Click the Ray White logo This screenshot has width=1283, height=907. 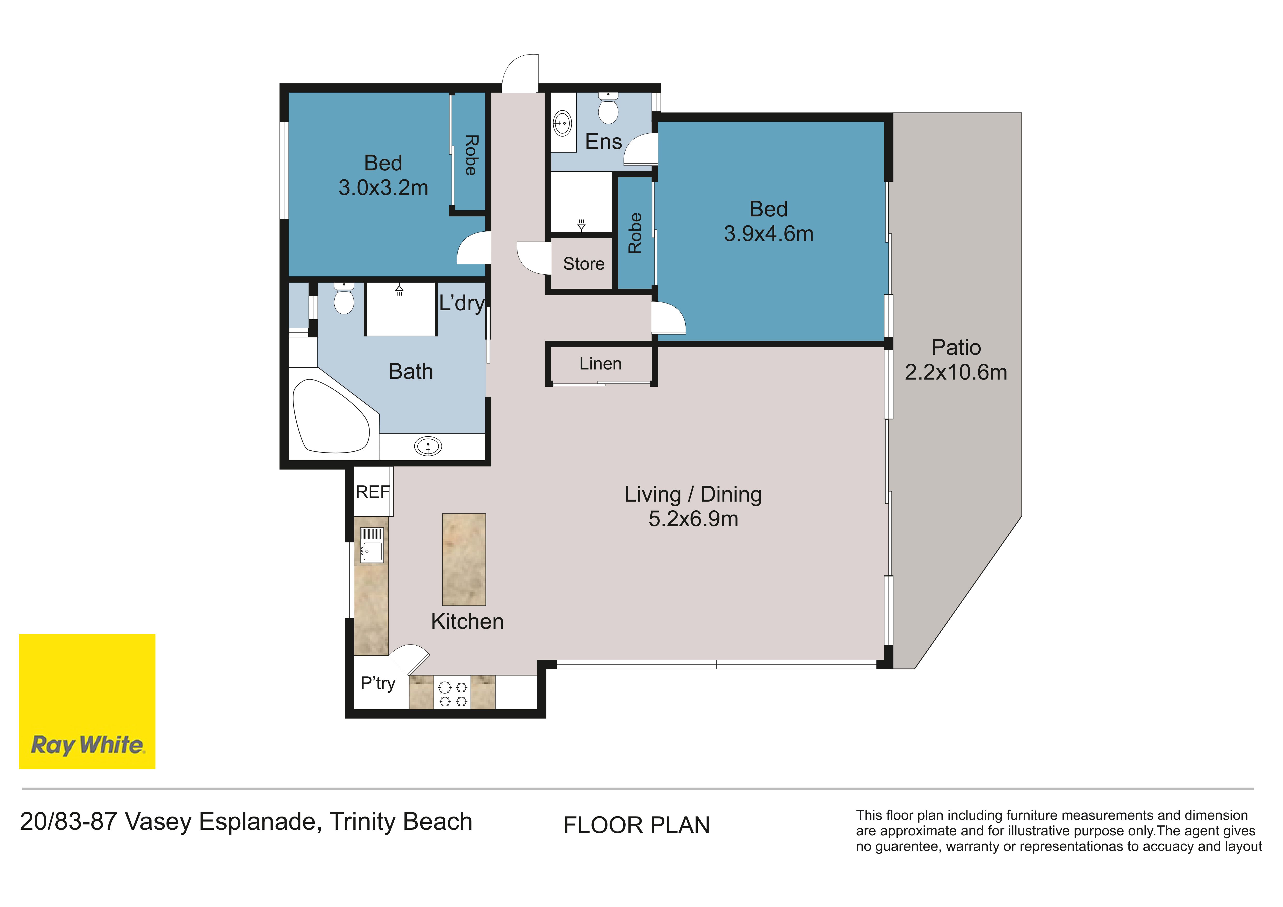[x=87, y=701]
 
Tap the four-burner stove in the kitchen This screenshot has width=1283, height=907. [x=453, y=694]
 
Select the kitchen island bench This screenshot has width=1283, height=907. [x=464, y=560]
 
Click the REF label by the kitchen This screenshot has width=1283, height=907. [x=373, y=492]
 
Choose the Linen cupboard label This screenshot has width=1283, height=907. [x=600, y=364]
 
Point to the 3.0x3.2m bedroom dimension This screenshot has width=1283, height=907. [x=383, y=188]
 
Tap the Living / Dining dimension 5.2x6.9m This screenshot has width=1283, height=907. [x=693, y=519]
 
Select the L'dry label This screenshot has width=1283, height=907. [x=462, y=303]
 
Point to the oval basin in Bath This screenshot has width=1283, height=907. [x=428, y=446]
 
